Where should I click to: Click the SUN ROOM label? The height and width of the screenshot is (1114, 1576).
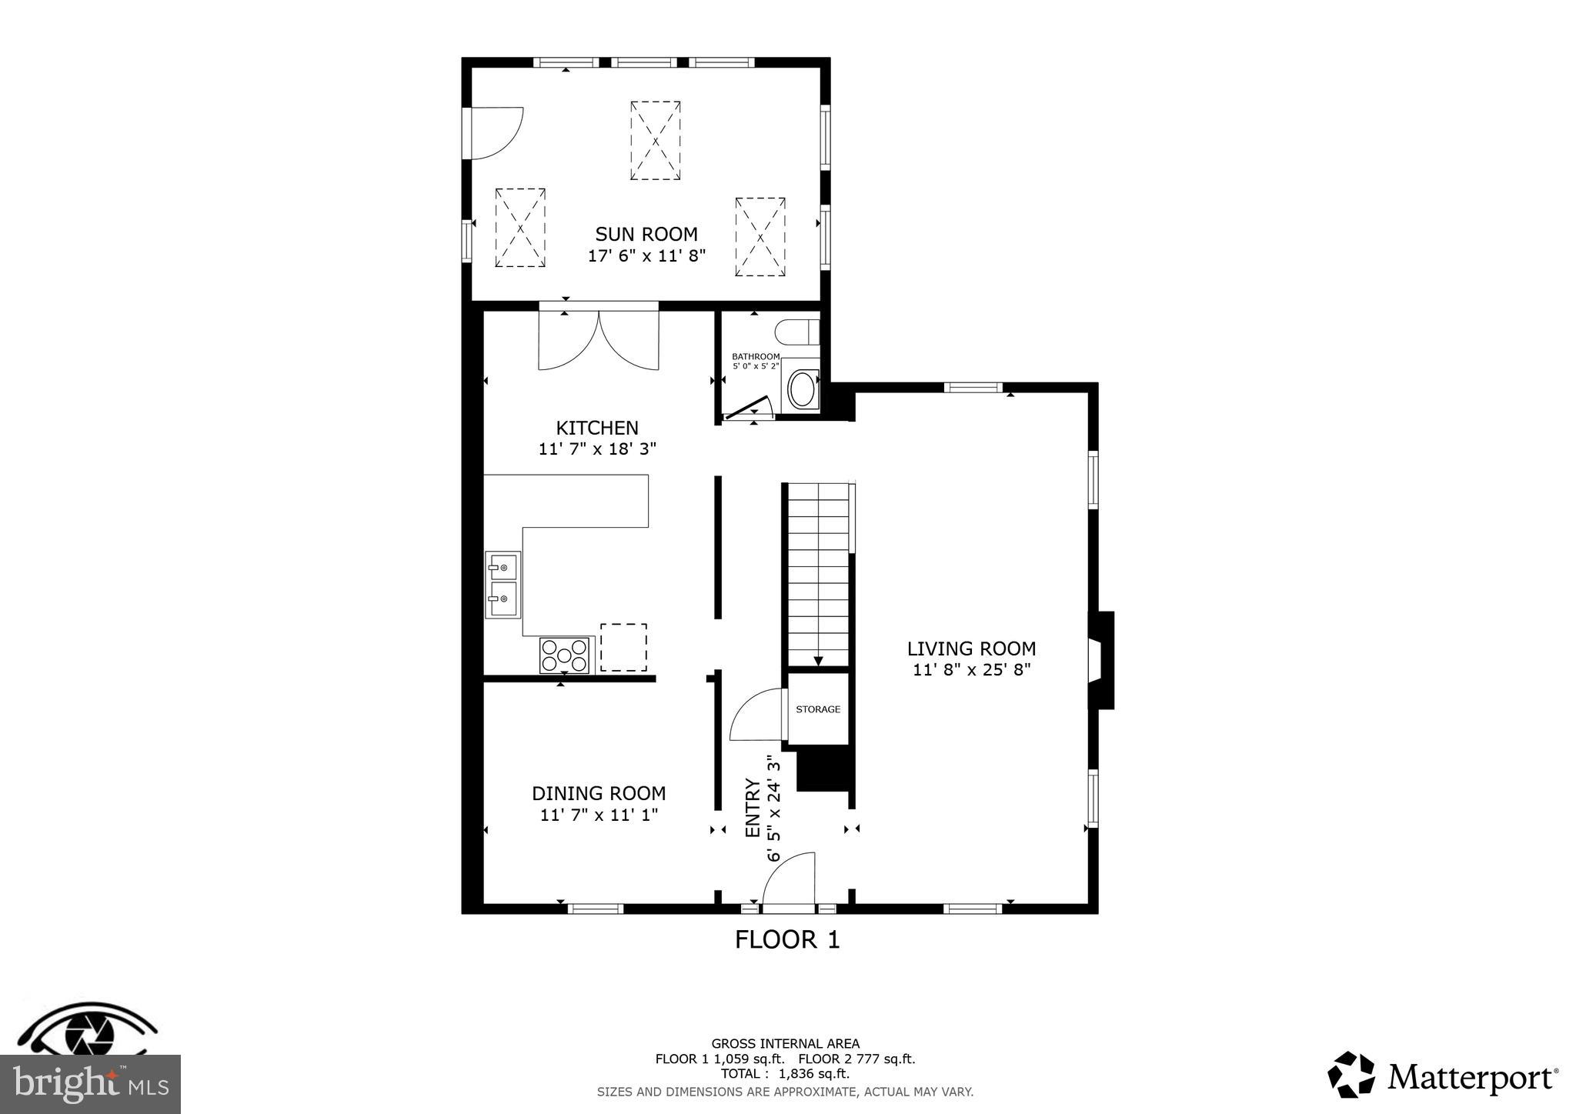click(646, 234)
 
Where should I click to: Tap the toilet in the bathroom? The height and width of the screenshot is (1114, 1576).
click(796, 332)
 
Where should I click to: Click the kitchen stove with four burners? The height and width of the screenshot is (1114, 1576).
click(564, 655)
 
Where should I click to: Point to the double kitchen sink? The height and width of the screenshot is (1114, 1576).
click(503, 585)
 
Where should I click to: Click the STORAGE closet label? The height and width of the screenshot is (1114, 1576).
click(818, 709)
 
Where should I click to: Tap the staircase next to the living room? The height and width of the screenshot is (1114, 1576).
click(818, 573)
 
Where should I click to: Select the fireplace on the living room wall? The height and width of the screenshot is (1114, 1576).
click(1100, 660)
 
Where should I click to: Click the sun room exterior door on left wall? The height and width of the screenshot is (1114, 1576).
click(494, 134)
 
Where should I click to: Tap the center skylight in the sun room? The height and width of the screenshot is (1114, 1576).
click(655, 140)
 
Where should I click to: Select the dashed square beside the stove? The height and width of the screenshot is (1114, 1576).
click(623, 648)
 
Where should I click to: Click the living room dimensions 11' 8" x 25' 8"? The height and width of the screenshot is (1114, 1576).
click(971, 669)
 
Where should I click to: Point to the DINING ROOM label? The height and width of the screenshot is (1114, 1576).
click(599, 793)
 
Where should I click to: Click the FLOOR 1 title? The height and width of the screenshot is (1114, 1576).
click(786, 939)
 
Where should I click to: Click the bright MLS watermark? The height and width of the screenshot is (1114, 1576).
click(90, 1085)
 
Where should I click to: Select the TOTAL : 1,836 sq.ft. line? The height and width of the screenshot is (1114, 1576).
click(785, 1074)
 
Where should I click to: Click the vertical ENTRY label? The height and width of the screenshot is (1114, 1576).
click(753, 808)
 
